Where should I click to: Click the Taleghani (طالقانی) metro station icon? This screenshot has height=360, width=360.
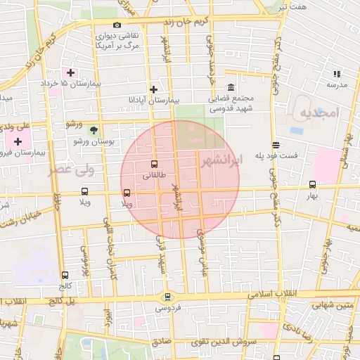pos(155,165)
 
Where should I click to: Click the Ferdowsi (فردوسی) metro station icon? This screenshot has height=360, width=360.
pos(167,297)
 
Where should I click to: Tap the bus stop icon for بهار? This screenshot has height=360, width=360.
pos(312,184)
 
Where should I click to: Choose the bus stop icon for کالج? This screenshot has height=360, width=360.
pos(65,276)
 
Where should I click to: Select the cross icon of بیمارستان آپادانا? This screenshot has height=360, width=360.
pos(153,89)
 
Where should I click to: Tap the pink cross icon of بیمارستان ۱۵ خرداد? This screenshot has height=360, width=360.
pos(70,72)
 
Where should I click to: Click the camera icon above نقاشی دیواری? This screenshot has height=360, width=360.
pos(117,25)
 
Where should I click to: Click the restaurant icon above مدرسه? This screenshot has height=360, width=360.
pos(336,73)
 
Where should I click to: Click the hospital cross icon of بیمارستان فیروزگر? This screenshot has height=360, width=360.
pos(18,141)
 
